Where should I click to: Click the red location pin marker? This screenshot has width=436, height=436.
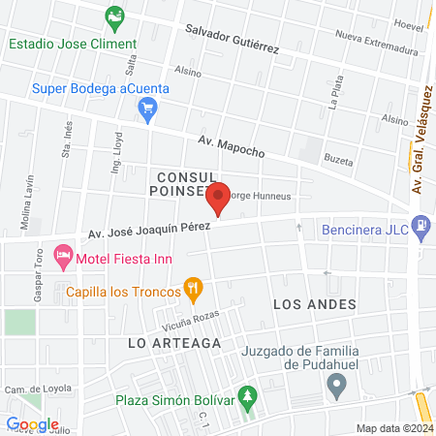(218, 198)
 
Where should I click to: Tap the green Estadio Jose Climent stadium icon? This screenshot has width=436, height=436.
(115, 16)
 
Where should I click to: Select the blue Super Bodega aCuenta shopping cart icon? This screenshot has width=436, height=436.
(147, 113)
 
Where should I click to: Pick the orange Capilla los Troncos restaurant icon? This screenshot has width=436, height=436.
(194, 288)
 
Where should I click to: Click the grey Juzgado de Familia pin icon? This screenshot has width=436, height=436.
(337, 388)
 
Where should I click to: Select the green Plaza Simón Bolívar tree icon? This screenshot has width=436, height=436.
(249, 397)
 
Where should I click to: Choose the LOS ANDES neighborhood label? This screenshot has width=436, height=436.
(315, 304)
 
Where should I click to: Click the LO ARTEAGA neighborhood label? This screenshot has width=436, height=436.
(174, 343)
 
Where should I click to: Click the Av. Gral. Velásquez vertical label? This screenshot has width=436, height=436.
(421, 140)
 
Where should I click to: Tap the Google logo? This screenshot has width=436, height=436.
(32, 423)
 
